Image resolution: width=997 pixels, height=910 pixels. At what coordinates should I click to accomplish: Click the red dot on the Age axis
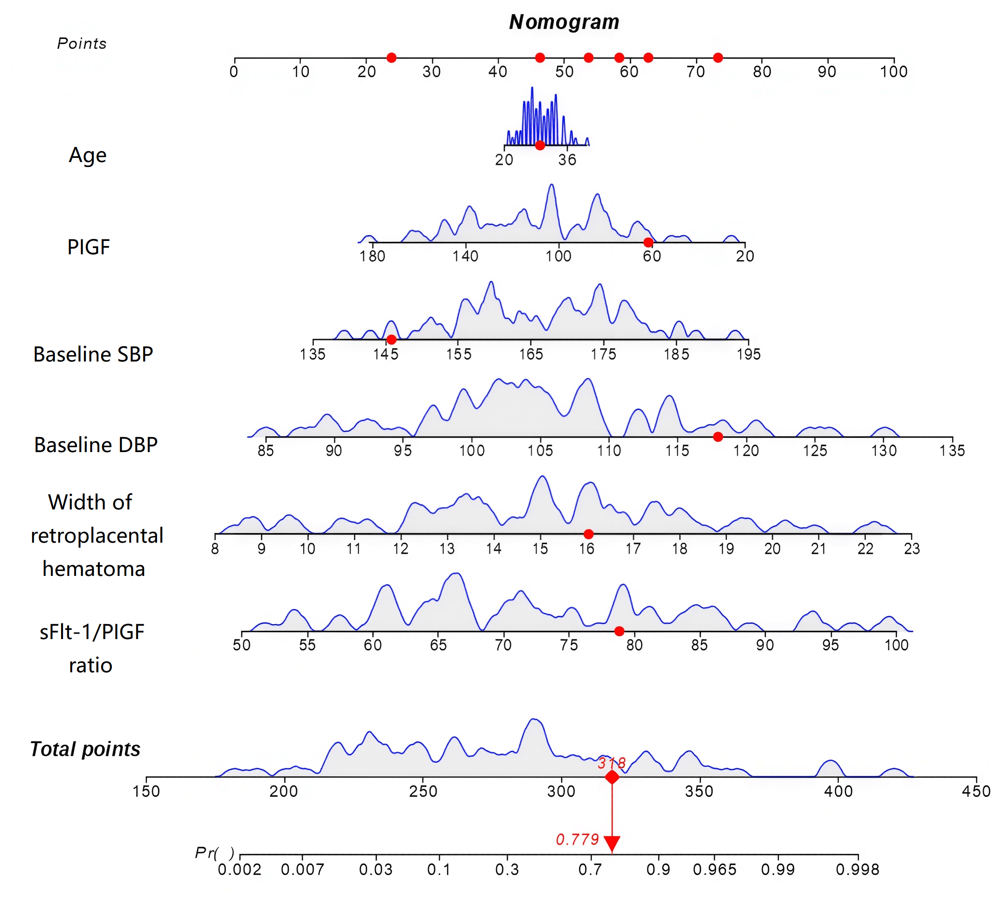coord(540,145)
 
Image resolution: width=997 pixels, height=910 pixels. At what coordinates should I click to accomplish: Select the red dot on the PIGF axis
coord(648,242)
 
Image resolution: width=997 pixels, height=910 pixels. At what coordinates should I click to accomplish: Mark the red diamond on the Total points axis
coord(612,777)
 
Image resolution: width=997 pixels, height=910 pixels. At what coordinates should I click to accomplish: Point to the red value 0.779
coord(577,839)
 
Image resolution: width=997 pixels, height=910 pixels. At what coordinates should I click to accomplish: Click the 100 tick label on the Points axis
coord(894,72)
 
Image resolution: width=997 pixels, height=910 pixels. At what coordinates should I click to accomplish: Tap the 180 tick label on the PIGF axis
coord(372,256)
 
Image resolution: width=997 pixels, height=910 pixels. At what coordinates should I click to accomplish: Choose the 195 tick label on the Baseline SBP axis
coord(748,354)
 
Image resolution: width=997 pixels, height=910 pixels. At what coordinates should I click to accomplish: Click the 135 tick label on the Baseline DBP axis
coord(952,450)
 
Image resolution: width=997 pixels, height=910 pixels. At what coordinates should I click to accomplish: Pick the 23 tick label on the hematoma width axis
coord(911,548)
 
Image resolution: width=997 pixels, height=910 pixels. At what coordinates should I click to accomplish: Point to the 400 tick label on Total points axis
coord(838,791)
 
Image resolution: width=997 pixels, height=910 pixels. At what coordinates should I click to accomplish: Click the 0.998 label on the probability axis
coord(857,869)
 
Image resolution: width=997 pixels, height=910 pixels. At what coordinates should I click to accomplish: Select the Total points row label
coord(85,749)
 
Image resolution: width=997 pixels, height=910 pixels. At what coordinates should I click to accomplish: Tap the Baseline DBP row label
coord(96,445)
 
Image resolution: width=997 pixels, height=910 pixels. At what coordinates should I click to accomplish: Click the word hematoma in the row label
coord(94,569)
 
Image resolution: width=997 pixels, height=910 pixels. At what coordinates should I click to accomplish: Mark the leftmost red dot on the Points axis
coord(391,58)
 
